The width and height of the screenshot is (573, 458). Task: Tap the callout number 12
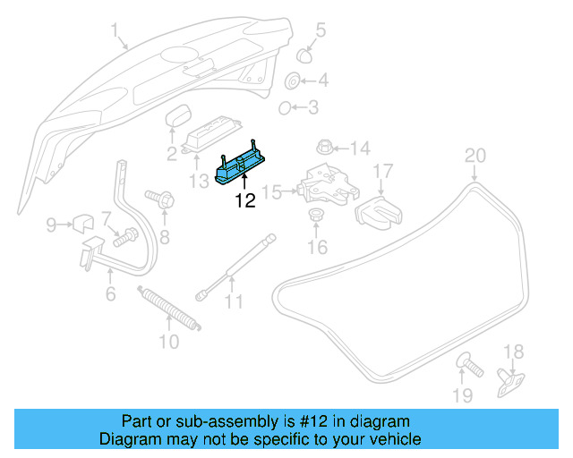click(x=245, y=201)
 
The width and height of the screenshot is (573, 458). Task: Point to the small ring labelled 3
click(x=286, y=109)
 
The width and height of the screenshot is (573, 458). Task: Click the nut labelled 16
click(x=316, y=216)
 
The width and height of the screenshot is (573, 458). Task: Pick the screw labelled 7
click(x=124, y=237)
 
